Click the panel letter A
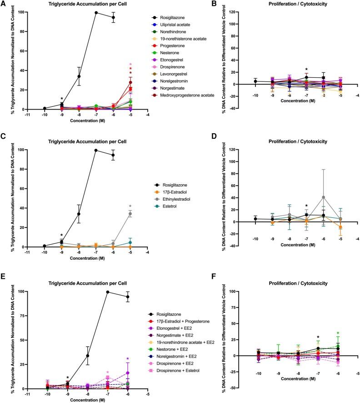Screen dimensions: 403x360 click(x=4, y=5)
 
